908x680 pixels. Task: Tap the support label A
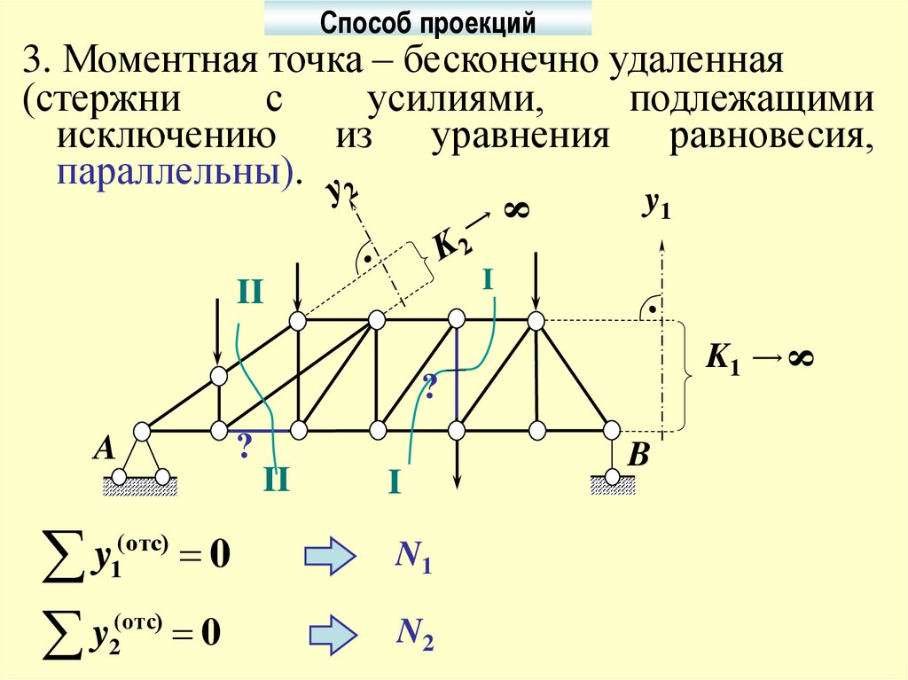coord(105,450)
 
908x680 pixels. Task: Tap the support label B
coord(638,456)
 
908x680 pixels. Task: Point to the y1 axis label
coord(657,207)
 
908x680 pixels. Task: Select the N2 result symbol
coord(414,632)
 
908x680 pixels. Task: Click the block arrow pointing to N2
coord(332,631)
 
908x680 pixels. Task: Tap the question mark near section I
coord(431,386)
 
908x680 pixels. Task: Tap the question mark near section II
coord(239,446)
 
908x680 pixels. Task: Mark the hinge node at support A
coord(142,430)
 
